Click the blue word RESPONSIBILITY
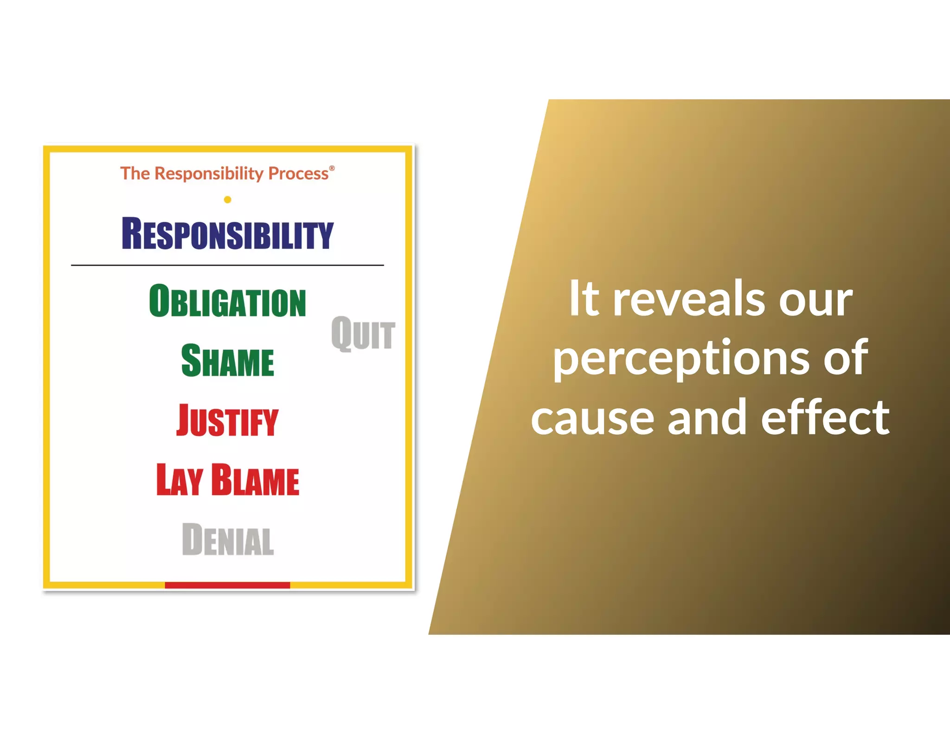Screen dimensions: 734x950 [227, 234]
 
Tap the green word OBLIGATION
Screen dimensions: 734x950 [227, 302]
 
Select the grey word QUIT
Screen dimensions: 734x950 [363, 333]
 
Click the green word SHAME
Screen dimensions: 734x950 [227, 361]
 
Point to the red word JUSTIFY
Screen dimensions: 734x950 [227, 420]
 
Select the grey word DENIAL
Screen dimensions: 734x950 [227, 539]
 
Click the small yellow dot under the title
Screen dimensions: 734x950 [227, 200]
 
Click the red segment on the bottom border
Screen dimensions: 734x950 [227, 585]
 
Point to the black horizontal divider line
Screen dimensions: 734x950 [227, 265]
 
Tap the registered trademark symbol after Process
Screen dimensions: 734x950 [332, 168]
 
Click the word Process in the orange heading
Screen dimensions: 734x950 [298, 174]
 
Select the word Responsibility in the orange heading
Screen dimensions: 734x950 [209, 174]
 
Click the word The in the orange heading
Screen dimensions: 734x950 [135, 174]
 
